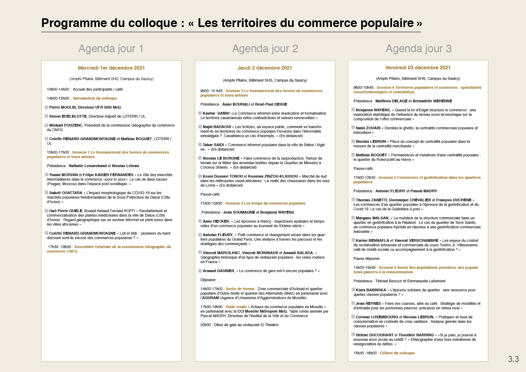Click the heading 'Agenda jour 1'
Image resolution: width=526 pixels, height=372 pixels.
(111, 49)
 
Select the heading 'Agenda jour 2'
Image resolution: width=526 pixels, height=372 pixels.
(265, 49)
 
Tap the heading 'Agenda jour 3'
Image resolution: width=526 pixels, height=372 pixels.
(418, 49)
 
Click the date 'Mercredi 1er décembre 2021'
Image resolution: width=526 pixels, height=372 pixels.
(111, 68)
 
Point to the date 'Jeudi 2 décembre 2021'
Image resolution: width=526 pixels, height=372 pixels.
(265, 68)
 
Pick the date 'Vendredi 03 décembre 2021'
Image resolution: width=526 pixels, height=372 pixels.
(418, 68)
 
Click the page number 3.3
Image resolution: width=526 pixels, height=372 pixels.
(513, 359)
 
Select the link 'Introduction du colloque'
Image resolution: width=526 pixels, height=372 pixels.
(95, 98)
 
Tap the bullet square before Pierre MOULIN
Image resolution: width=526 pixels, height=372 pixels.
(46, 107)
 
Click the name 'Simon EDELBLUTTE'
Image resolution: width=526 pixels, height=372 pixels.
(68, 116)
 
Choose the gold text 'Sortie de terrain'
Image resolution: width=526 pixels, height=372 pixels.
(240, 289)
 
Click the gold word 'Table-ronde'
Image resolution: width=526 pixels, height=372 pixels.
(236, 307)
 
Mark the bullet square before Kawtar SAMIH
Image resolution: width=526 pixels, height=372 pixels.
(200, 113)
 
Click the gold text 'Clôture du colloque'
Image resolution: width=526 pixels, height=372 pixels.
(397, 353)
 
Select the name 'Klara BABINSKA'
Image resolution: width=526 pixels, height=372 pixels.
(371, 290)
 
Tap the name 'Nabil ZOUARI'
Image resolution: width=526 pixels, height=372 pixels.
(368, 128)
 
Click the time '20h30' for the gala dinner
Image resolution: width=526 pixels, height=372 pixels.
(205, 325)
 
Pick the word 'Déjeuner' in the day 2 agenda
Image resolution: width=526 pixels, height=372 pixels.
(208, 280)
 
